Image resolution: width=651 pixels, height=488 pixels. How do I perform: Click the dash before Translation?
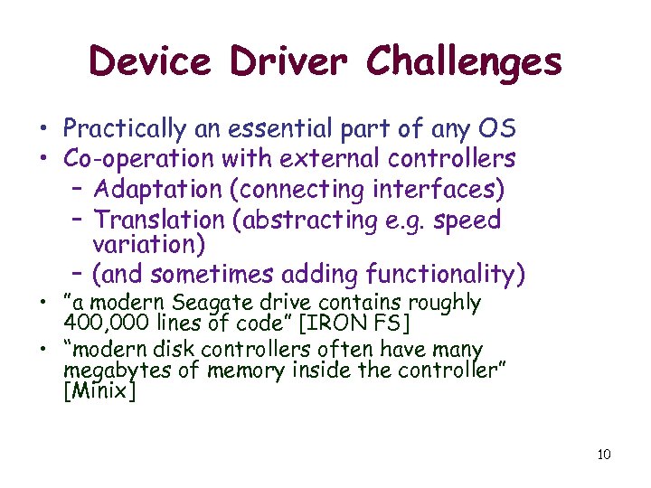(x=76, y=220)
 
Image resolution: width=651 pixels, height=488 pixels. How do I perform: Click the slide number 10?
(x=604, y=454)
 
